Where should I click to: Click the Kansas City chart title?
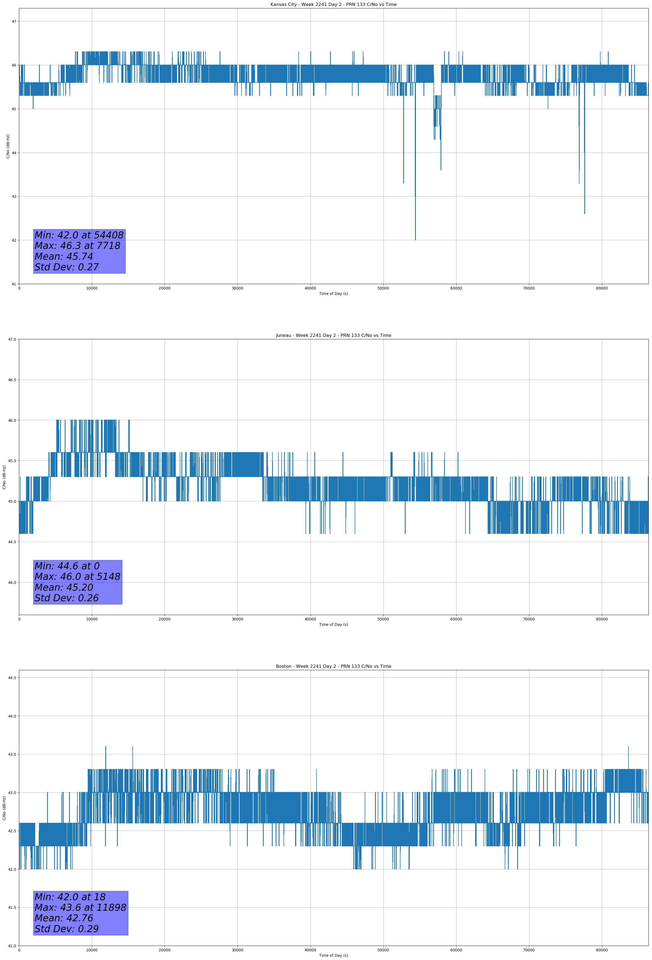click(x=333, y=5)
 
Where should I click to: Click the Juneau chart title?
click(x=333, y=336)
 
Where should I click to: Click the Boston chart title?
click(x=333, y=666)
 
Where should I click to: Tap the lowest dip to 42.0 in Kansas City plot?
click(x=416, y=239)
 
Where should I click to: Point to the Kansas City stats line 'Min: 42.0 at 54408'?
click(x=79, y=235)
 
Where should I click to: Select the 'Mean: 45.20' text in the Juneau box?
click(x=64, y=587)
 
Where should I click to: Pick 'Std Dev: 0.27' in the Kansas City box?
click(x=67, y=267)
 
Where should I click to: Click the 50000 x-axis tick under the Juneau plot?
click(x=383, y=619)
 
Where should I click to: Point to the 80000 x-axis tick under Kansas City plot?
click(x=602, y=288)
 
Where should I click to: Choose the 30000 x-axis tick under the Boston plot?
click(x=238, y=950)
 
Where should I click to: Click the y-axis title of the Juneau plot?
click(x=4, y=477)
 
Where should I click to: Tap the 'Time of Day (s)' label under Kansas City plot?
click(x=334, y=294)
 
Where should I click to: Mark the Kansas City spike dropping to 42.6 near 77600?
click(x=585, y=213)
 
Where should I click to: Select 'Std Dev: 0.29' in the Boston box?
click(x=67, y=929)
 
